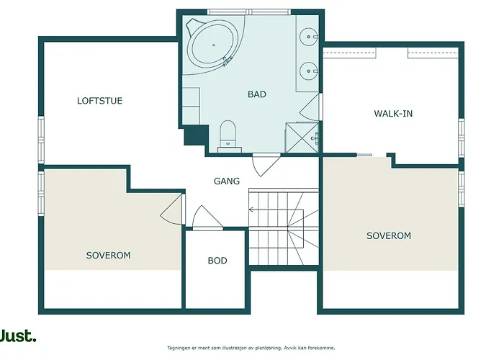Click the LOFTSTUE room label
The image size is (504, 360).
(x=99, y=101)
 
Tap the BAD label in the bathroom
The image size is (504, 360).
(x=257, y=94)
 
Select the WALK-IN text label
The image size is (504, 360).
(x=393, y=114)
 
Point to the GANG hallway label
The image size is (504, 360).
(x=227, y=181)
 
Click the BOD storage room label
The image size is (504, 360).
(x=217, y=261)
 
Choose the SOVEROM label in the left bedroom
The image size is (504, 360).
(x=108, y=255)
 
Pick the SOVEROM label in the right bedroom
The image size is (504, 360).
(x=389, y=235)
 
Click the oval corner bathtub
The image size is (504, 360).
(x=214, y=45)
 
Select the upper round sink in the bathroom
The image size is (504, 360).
(x=308, y=37)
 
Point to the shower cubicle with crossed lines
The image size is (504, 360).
(x=302, y=138)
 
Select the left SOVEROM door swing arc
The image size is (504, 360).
(x=171, y=210)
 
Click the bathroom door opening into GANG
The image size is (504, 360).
(x=265, y=165)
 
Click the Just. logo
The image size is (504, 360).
(x=18, y=336)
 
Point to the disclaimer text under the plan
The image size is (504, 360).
(x=251, y=348)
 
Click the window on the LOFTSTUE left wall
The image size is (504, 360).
(x=41, y=138)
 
